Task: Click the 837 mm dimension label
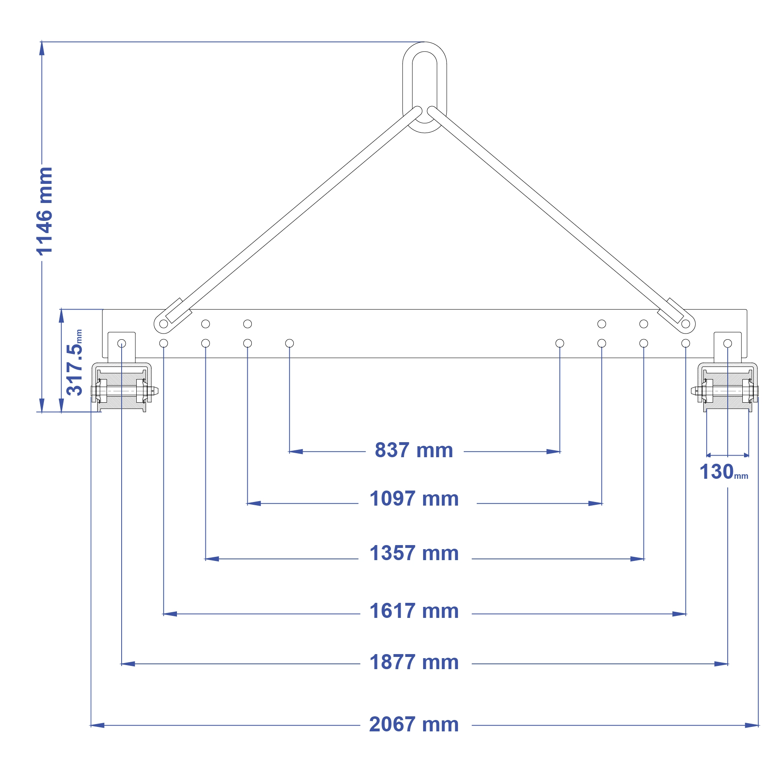pyautogui.click(x=414, y=450)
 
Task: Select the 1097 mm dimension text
pyautogui.click(x=414, y=499)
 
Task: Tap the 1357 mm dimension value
pyautogui.click(x=414, y=553)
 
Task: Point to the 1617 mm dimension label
pyautogui.click(x=414, y=611)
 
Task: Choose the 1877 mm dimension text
pyautogui.click(x=414, y=662)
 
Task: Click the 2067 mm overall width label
pyautogui.click(x=414, y=724)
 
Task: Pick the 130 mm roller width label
pyautogui.click(x=724, y=472)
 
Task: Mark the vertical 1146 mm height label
pyautogui.click(x=44, y=211)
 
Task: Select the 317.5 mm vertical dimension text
pyautogui.click(x=74, y=362)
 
